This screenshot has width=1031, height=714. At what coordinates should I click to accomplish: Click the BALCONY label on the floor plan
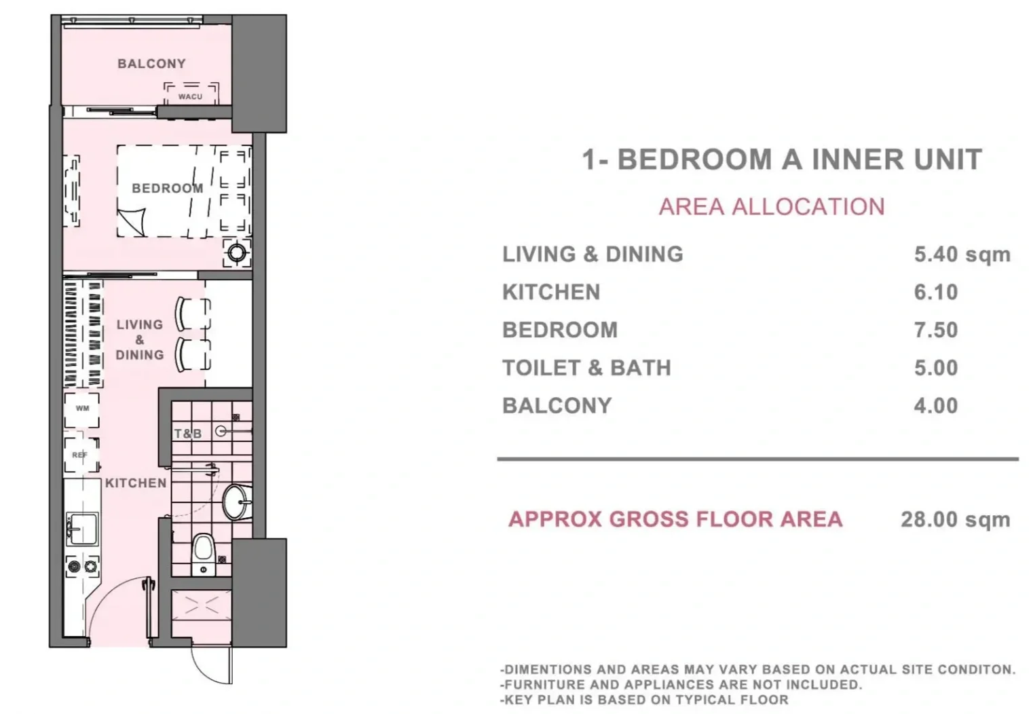point(151,64)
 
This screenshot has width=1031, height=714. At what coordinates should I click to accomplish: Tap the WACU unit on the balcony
point(191,94)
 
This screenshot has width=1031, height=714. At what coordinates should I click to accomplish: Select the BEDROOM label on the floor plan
point(167,188)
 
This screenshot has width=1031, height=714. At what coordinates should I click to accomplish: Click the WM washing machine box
point(82,409)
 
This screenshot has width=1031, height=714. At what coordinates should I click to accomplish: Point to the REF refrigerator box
point(81,455)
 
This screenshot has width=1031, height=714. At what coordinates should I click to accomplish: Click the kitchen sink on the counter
point(82,529)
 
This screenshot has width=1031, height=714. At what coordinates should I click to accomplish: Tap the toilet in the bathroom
point(203,554)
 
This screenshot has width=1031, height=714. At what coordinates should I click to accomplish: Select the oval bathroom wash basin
point(237,502)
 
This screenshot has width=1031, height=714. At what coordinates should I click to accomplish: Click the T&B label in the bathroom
point(188,434)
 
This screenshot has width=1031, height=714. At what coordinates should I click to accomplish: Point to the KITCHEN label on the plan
point(136,483)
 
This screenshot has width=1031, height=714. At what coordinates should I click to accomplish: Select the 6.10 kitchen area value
point(936,293)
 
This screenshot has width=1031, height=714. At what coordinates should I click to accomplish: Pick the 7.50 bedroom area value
point(936,330)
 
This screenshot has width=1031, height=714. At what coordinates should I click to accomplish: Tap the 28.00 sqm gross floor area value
point(956,520)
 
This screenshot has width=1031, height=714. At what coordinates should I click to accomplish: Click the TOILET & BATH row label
point(587,368)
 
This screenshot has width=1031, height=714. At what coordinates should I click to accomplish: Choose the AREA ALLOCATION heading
point(772,207)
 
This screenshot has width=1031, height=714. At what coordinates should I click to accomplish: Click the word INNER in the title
point(857,159)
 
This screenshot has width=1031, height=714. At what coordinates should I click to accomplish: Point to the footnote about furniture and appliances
point(681,685)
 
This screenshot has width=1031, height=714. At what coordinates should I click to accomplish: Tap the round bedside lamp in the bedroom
point(238,252)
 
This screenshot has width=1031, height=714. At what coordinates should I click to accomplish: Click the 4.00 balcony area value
point(936,406)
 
